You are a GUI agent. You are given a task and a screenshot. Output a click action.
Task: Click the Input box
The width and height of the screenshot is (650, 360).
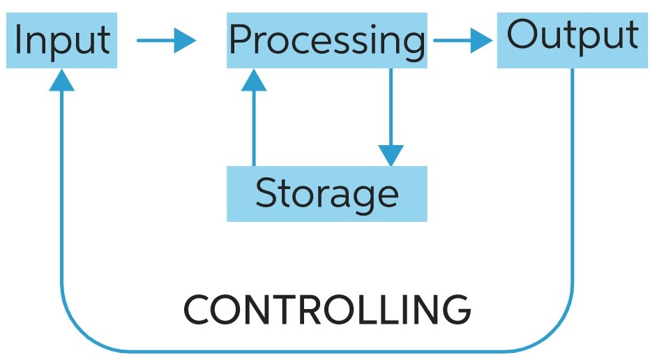pyautogui.click(x=61, y=40)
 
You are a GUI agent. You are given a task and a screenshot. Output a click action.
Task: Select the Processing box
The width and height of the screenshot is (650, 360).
pyautogui.click(x=326, y=40)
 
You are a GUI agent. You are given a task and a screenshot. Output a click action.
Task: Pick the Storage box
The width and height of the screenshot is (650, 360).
pyautogui.click(x=326, y=193)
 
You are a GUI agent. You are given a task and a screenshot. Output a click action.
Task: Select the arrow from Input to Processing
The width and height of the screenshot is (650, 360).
pyautogui.click(x=166, y=40)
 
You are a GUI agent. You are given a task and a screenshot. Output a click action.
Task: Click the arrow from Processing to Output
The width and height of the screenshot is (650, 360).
pyautogui.click(x=462, y=40)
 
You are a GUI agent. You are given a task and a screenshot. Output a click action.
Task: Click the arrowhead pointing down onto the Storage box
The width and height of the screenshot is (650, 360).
pyautogui.click(x=391, y=155)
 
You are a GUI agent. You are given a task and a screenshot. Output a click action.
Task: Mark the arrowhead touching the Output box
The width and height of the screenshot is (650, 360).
pyautogui.click(x=481, y=40)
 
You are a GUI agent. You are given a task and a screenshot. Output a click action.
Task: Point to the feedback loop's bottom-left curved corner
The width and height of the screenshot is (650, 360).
pyautogui.click(x=77, y=335)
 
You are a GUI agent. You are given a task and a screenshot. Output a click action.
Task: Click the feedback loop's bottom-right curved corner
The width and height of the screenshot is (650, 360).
pyautogui.click(x=558, y=335)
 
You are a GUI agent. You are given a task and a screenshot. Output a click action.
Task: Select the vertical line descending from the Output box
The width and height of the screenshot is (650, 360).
pyautogui.click(x=573, y=174)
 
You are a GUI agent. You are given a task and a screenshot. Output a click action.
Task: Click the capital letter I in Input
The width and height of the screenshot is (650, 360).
pyautogui.click(x=18, y=40)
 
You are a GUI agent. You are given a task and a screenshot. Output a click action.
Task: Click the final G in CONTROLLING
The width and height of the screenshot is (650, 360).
pyautogui.click(x=455, y=310)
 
